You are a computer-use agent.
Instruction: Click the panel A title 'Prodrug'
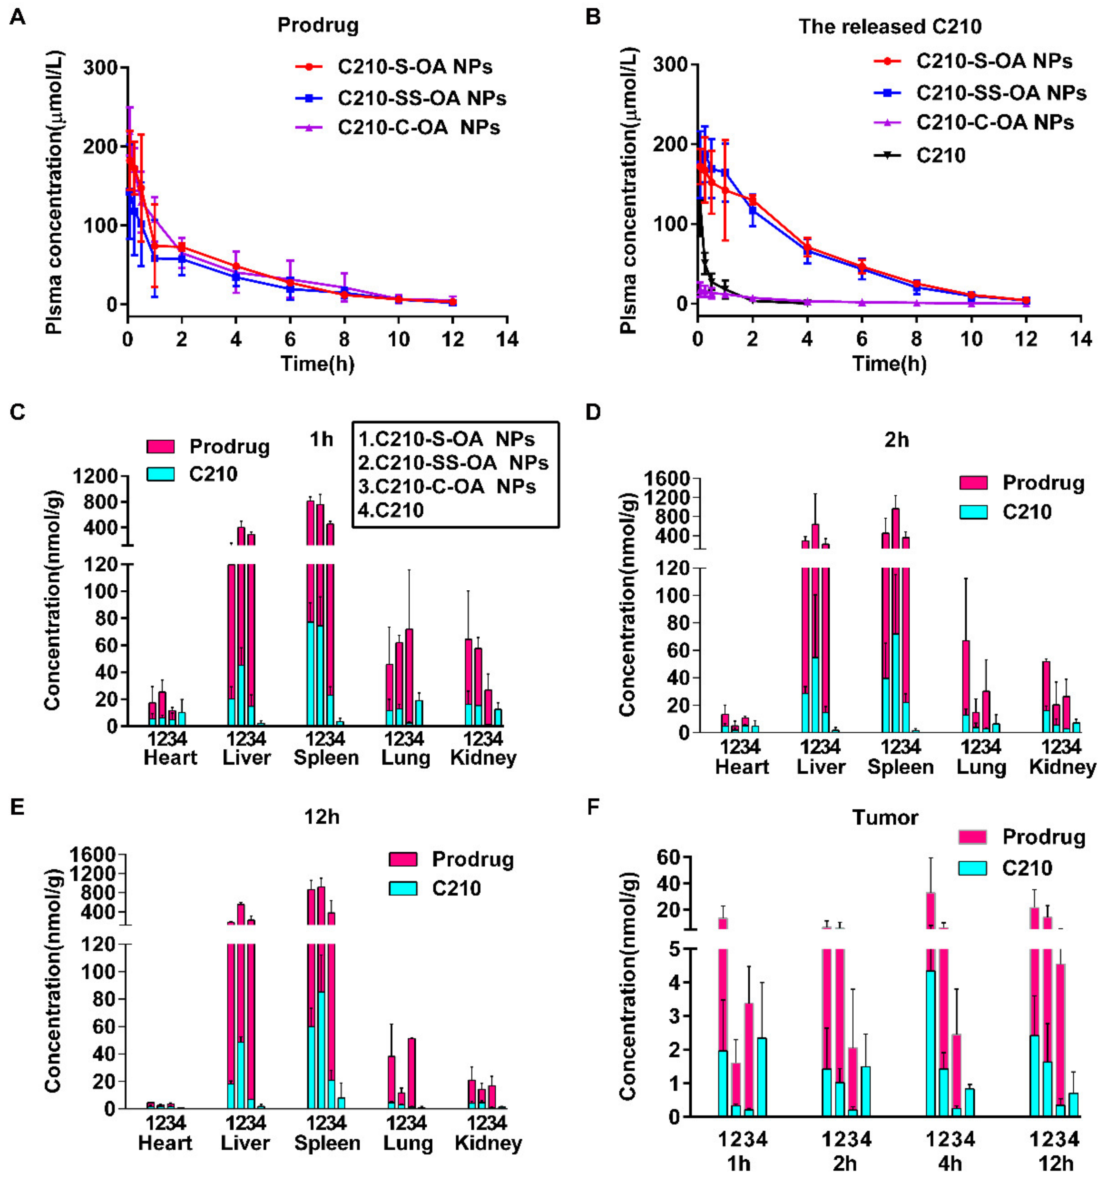tap(318, 26)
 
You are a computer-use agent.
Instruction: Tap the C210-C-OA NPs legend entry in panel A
tap(398, 127)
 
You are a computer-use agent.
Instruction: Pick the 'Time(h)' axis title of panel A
tap(318, 363)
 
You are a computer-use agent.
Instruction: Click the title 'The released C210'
tap(890, 27)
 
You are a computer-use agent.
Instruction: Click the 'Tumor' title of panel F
tap(885, 817)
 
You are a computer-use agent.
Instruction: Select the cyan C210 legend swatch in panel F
tap(973, 868)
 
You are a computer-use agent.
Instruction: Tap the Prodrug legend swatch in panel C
tap(160, 447)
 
